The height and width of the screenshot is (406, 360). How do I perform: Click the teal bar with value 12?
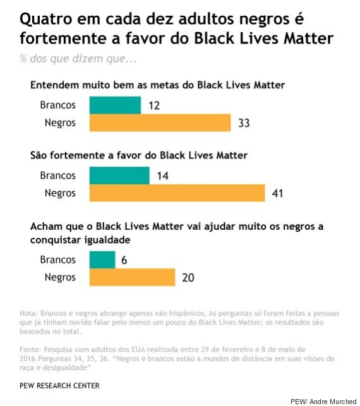tap(116, 105)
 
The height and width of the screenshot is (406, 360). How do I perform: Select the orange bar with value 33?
tap(160, 122)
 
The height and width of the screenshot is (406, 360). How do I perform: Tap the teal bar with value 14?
tap(120, 176)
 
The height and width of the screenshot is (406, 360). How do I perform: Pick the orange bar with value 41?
tap(177, 193)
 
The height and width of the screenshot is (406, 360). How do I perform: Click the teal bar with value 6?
tap(103, 260)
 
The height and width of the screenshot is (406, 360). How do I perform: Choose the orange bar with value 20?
tap(133, 277)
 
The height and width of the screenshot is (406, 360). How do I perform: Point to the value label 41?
tap(277, 193)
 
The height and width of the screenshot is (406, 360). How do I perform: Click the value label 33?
tap(243, 122)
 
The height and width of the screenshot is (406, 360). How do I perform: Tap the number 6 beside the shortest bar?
tap(124, 260)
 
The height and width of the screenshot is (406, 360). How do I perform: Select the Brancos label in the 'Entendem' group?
tap(57, 105)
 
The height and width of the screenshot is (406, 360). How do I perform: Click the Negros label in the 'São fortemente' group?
tap(60, 193)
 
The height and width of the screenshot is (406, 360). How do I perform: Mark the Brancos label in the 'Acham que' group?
tap(57, 260)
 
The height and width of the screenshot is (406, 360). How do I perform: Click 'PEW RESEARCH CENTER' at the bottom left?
tap(59, 385)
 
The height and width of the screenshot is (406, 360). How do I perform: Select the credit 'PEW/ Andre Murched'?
tap(323, 401)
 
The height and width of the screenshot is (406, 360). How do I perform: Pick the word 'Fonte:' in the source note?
tap(30, 349)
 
